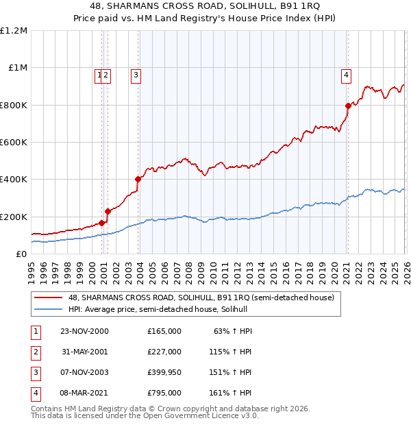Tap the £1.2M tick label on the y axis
(x=14, y=31)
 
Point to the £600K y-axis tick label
(x=14, y=143)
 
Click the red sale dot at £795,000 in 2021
(x=347, y=106)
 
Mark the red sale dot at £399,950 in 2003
(x=138, y=180)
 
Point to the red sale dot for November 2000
(x=102, y=223)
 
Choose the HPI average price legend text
(x=162, y=309)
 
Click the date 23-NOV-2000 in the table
(x=84, y=330)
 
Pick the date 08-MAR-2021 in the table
(x=84, y=393)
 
